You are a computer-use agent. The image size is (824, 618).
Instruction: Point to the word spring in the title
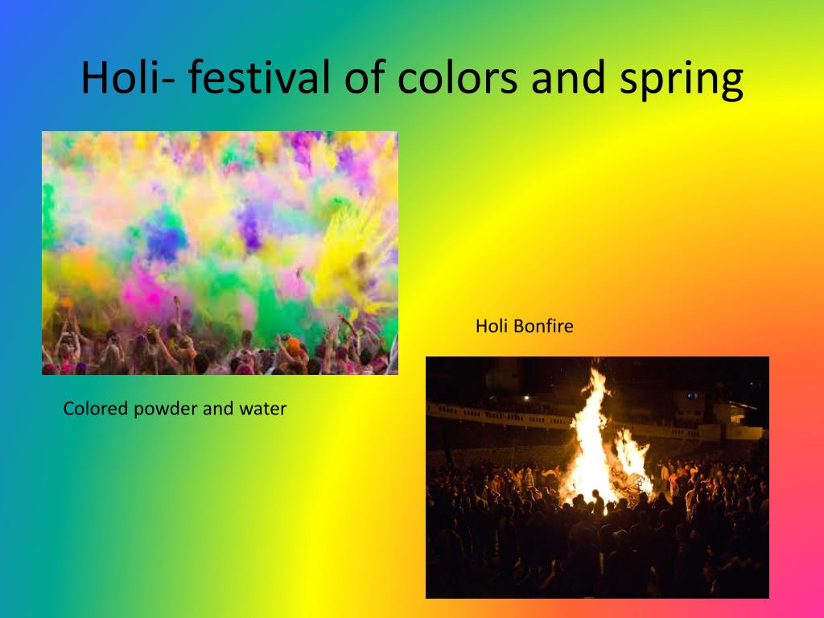682,80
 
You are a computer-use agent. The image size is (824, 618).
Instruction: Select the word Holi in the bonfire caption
492,326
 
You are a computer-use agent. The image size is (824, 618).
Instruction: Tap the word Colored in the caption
96,408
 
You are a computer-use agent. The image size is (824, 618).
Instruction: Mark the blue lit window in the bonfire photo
693,396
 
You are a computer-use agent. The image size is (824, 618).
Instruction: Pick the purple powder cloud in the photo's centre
249,226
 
